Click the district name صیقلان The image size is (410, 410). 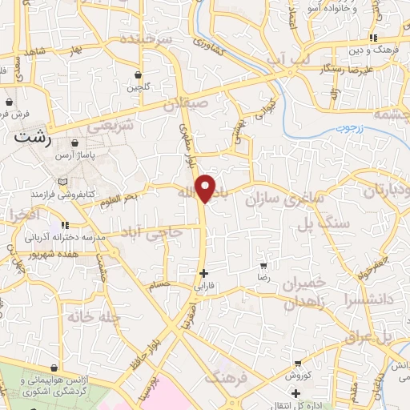(187, 102)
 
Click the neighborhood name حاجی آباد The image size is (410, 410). (153, 233)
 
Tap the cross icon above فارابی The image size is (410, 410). (203, 273)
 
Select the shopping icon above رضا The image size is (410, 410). (264, 265)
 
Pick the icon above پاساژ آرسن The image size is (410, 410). (75, 143)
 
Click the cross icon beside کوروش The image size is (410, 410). (297, 393)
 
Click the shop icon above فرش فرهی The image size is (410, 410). (8, 103)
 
